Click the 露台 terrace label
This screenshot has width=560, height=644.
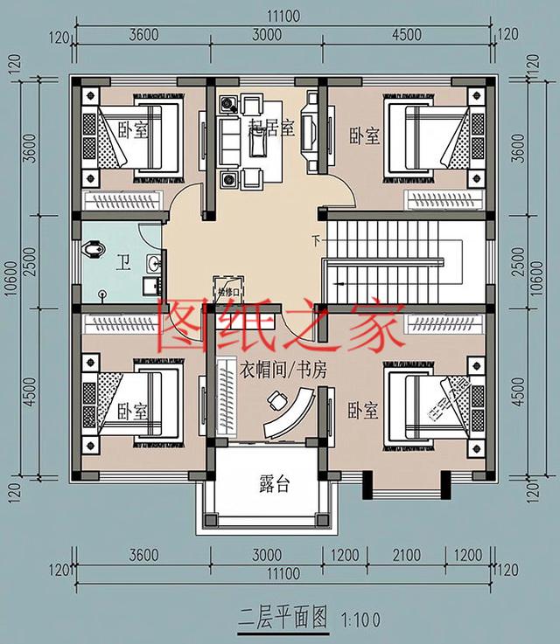pos(274,485)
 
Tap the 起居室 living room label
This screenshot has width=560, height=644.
pos(270,128)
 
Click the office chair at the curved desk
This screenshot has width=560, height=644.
pos(276,401)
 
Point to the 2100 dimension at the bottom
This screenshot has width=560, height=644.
pos(406,556)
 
